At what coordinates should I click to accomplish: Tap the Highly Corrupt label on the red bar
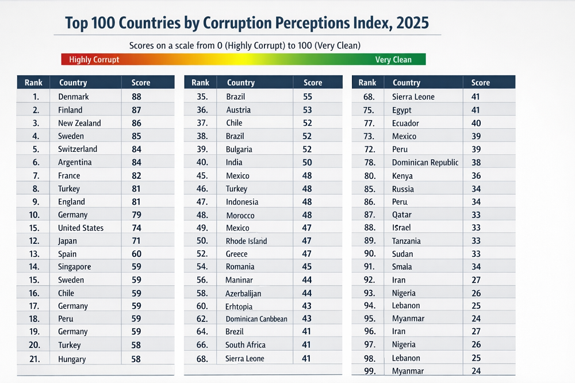(94, 60)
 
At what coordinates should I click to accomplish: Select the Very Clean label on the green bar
(393, 60)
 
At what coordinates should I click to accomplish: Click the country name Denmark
(74, 97)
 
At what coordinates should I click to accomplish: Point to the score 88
(136, 97)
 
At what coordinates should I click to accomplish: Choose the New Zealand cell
(79, 123)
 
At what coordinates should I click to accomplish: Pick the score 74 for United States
(136, 228)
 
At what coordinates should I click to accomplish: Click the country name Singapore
(74, 267)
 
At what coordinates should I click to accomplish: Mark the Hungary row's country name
(72, 359)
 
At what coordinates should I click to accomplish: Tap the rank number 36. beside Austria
(202, 110)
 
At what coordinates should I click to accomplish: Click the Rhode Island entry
(247, 241)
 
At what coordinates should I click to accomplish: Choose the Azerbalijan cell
(244, 293)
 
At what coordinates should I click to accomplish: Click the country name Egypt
(401, 110)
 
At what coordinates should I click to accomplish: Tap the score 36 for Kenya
(476, 176)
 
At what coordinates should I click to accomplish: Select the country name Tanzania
(406, 241)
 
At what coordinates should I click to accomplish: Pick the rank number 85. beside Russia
(369, 189)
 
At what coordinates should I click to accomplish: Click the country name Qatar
(401, 215)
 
